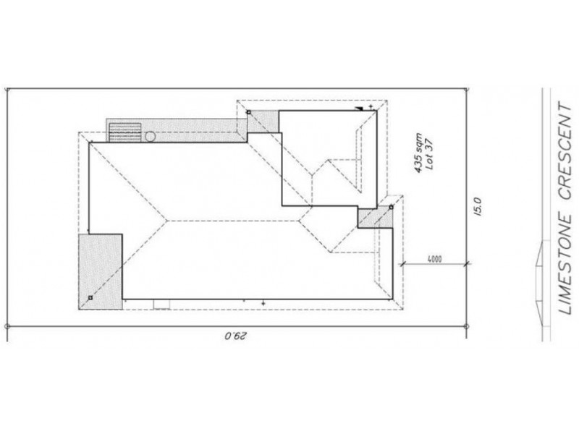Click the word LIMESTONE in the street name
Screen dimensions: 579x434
[565, 264]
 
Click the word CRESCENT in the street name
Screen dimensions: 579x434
[565, 150]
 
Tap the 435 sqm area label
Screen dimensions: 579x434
[418, 153]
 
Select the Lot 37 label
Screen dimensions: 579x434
[429, 154]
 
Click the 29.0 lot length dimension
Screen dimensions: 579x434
[235, 336]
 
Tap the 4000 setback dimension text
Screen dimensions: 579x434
[434, 259]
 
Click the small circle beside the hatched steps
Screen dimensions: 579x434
[150, 137]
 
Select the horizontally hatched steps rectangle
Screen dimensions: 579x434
[124, 132]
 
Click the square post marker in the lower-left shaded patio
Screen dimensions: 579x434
[90, 297]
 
